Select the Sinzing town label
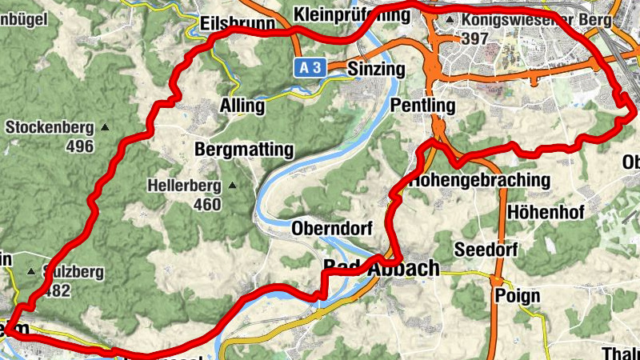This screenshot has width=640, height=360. click(x=376, y=70)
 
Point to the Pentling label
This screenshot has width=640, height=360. click(x=423, y=106)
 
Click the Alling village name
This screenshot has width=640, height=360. click(x=242, y=106)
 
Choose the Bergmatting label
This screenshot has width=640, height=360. click(x=244, y=150)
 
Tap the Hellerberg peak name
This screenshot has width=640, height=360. click(x=184, y=186)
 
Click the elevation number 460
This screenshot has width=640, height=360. click(x=207, y=205)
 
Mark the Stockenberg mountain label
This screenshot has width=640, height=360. click(x=50, y=127)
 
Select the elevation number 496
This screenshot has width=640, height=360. click(x=80, y=146)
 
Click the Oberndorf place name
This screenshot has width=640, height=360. click(x=332, y=228)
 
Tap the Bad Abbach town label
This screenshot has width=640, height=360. click(x=382, y=268)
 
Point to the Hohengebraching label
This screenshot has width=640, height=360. click(x=480, y=180)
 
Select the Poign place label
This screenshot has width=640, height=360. click(x=518, y=296)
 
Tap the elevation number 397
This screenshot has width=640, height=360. click(x=476, y=38)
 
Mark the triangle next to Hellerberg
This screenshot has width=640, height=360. click(x=233, y=186)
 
